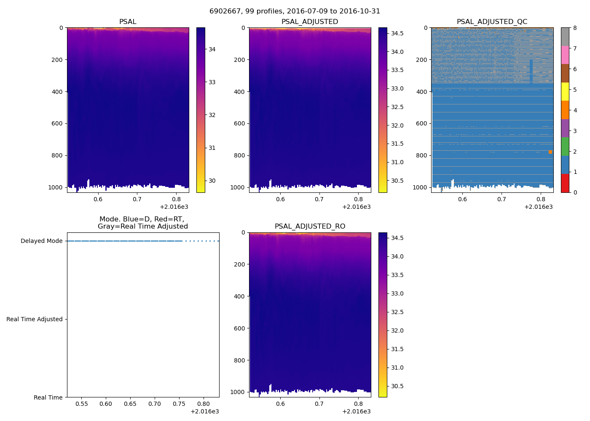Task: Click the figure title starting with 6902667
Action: [x=295, y=11]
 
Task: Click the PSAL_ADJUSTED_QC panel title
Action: [x=492, y=22]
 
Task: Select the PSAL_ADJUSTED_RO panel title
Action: [x=310, y=226]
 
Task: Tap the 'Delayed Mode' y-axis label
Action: [x=41, y=241]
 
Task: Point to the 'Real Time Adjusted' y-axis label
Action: [x=34, y=320]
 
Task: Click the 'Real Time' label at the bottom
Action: [x=48, y=398]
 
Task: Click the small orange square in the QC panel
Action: [x=550, y=152]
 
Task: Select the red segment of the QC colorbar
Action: [x=565, y=183]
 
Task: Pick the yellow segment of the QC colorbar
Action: [x=565, y=91]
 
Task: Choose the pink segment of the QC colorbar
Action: [x=565, y=55]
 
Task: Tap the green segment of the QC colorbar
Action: [x=565, y=147]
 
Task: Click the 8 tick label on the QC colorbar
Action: [x=575, y=28]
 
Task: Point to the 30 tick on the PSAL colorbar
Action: [x=212, y=181]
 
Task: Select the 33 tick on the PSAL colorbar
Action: [x=212, y=82]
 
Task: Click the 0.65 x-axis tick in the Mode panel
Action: [x=130, y=404]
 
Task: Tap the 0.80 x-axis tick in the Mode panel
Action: [x=204, y=404]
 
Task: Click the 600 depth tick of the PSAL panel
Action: [x=57, y=124]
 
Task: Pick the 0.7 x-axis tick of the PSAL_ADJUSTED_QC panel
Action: [x=501, y=200]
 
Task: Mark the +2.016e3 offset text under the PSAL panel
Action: [x=174, y=207]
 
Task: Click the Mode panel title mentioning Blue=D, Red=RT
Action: [x=143, y=223]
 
